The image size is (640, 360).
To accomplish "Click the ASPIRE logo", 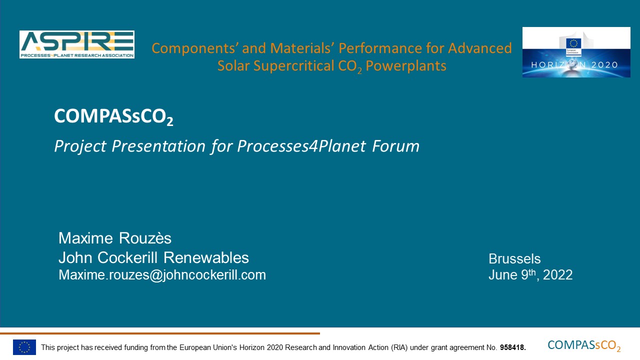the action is pyautogui.click(x=77, y=44).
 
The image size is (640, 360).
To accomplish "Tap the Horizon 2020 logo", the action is pyautogui.click(x=576, y=52).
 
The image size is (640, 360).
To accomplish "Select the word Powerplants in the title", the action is pyautogui.click(x=406, y=66).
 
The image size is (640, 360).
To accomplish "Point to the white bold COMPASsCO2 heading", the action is pyautogui.click(x=113, y=116).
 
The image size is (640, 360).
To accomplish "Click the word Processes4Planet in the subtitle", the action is pyautogui.click(x=301, y=146).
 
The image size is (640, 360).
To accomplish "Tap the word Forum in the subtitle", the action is pyautogui.click(x=395, y=146).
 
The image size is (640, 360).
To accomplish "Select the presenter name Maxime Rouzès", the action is pyautogui.click(x=115, y=238).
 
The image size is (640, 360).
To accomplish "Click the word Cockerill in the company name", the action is pyautogui.click(x=127, y=257).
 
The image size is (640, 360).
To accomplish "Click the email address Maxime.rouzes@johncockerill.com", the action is pyautogui.click(x=162, y=275).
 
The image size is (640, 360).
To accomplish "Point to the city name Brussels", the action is pyautogui.click(x=514, y=259).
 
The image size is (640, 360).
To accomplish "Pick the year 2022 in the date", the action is pyautogui.click(x=557, y=275).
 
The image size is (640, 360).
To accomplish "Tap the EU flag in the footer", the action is pyautogui.click(x=24, y=347).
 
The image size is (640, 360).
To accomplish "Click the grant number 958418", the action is pyautogui.click(x=513, y=347).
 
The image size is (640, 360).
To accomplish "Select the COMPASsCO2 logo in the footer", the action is pyautogui.click(x=584, y=345).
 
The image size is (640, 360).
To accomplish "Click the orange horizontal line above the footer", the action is pyautogui.click(x=160, y=333).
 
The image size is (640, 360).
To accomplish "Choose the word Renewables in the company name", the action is pyautogui.click(x=206, y=257).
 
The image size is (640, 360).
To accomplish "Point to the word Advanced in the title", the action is pyautogui.click(x=480, y=47).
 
